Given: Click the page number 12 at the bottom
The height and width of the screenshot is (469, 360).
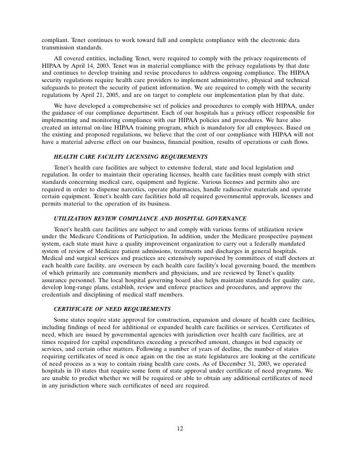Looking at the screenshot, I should [x=180, y=428].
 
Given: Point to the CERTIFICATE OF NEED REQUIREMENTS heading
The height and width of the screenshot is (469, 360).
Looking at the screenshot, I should [x=112, y=308].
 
